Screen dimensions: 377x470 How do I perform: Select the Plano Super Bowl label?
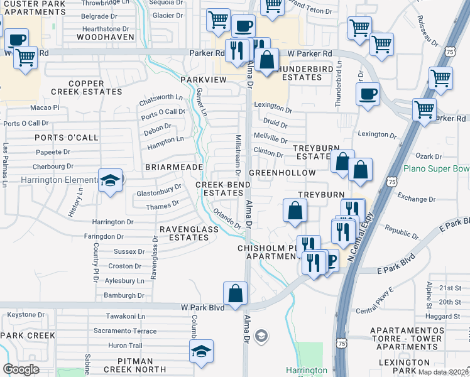[x=436, y=168]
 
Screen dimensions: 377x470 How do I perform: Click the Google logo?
[x=21, y=369]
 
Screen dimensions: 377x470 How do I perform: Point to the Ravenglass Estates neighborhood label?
[x=189, y=233]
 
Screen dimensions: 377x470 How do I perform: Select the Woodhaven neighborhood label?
[x=106, y=37]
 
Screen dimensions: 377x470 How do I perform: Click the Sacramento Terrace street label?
[x=125, y=331]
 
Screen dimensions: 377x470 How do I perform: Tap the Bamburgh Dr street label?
[x=124, y=295]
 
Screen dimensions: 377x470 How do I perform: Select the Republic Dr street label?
[x=402, y=232]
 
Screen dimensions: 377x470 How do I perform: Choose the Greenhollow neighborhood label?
[x=282, y=172]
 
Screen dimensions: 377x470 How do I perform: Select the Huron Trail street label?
[x=126, y=346]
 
